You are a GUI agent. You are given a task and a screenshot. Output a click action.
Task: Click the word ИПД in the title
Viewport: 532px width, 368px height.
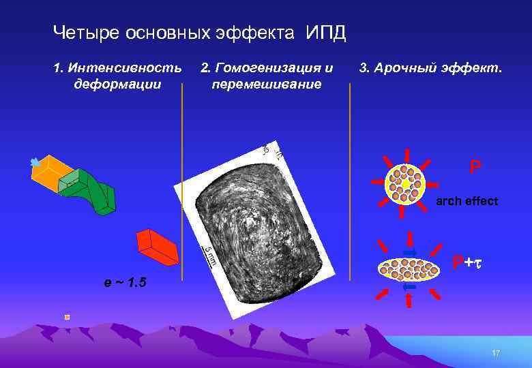click(326, 32)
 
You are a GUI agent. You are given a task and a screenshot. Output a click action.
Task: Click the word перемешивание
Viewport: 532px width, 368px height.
click(267, 85)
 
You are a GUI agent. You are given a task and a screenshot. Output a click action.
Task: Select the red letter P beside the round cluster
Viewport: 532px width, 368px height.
click(474, 166)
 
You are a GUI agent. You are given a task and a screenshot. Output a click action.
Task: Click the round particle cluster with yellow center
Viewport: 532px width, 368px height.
click(405, 183)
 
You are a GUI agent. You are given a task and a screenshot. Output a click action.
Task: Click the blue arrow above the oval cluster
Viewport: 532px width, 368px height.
click(409, 252)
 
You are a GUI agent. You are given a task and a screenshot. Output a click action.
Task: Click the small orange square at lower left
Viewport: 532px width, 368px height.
click(67, 317)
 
